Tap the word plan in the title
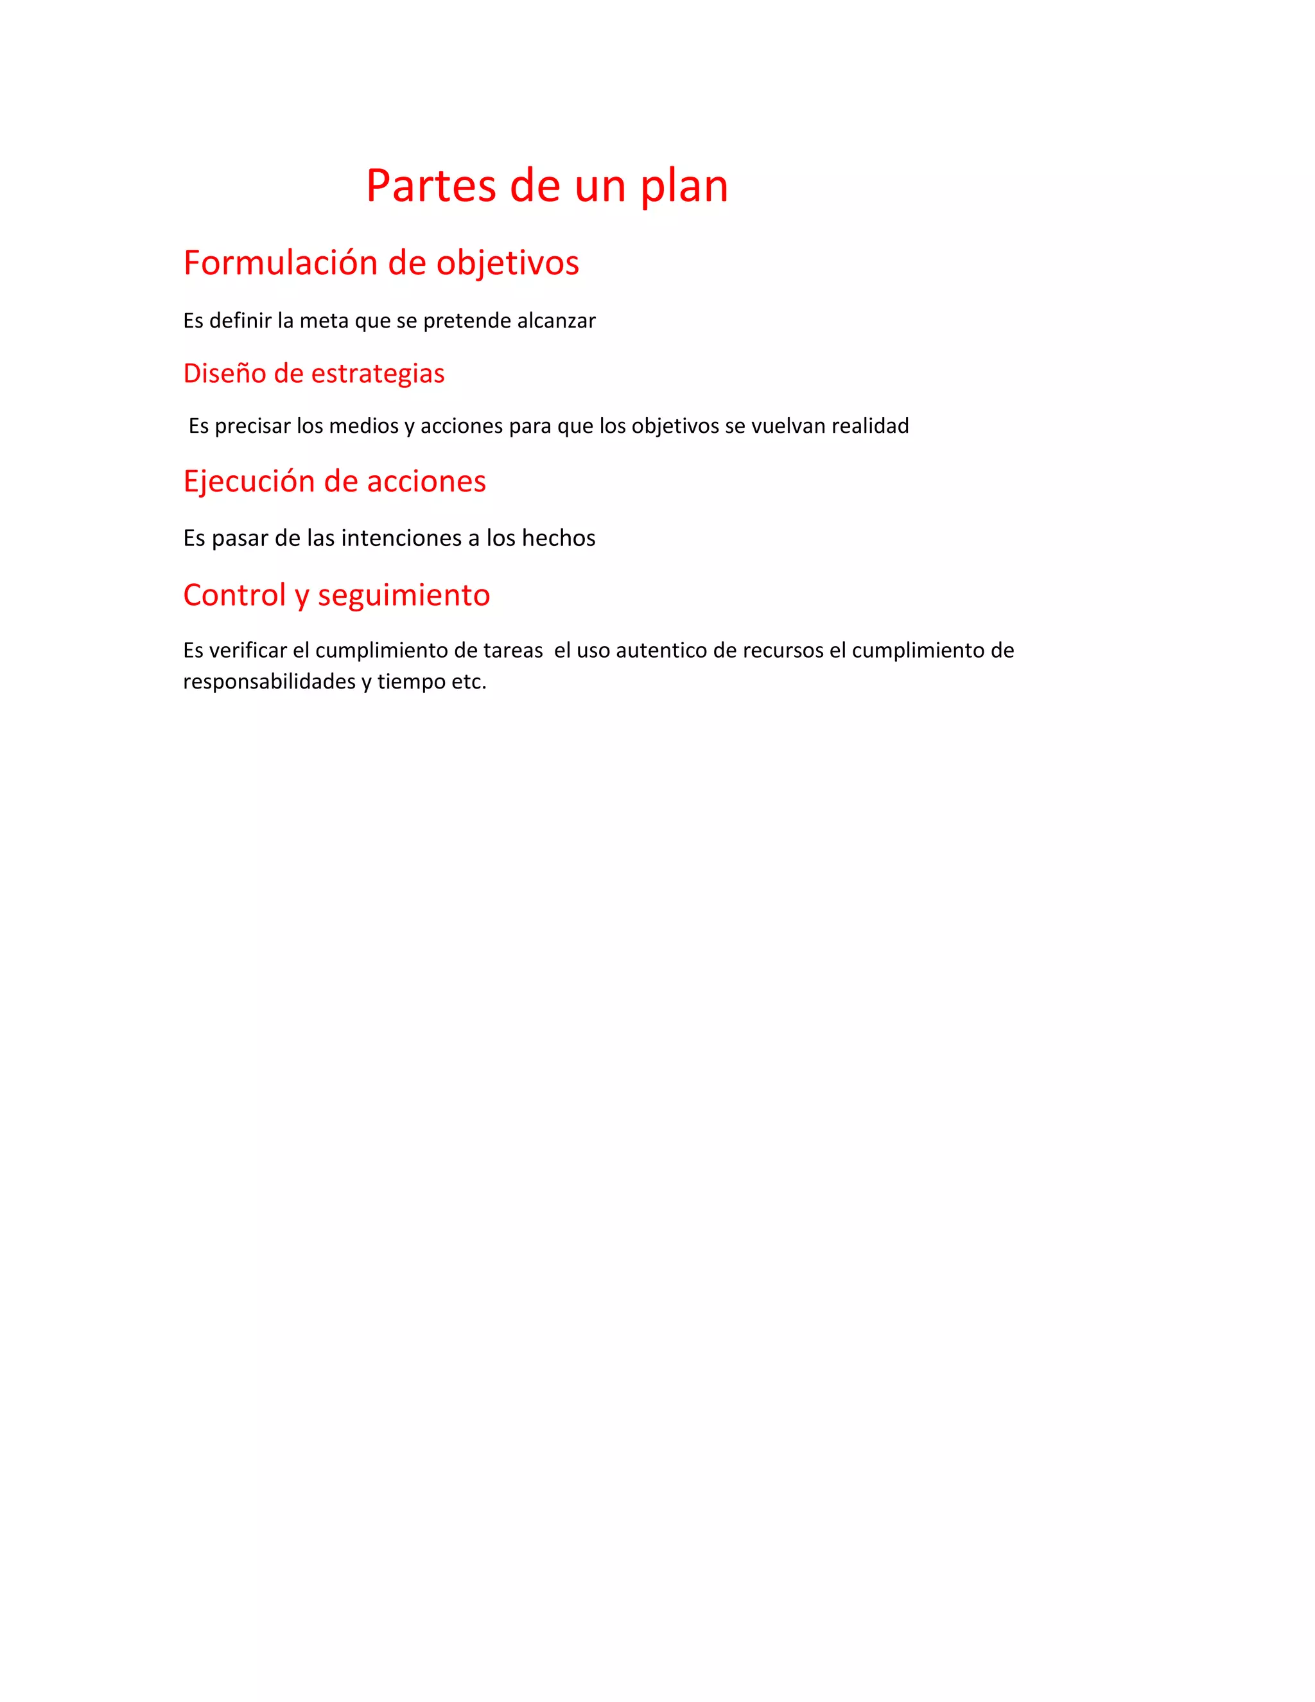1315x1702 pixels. point(684,188)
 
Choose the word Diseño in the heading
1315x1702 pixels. point(223,373)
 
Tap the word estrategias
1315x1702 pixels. point(377,374)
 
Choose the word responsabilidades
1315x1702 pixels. point(269,682)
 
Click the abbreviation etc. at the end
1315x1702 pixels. point(469,682)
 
